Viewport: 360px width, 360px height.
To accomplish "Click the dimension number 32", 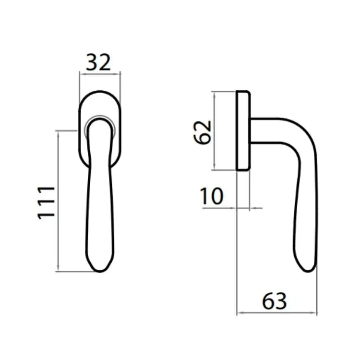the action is coord(98,62).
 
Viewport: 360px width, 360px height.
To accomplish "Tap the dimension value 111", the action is coord(46,203).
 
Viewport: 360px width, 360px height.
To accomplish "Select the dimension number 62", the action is coord(202,132).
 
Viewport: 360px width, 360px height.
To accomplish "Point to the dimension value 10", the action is coord(212,196).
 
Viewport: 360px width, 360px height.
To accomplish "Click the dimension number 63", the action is coord(275,301).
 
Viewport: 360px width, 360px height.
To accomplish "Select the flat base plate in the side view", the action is coord(243,131).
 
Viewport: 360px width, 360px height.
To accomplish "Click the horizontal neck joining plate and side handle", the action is coord(264,131).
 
